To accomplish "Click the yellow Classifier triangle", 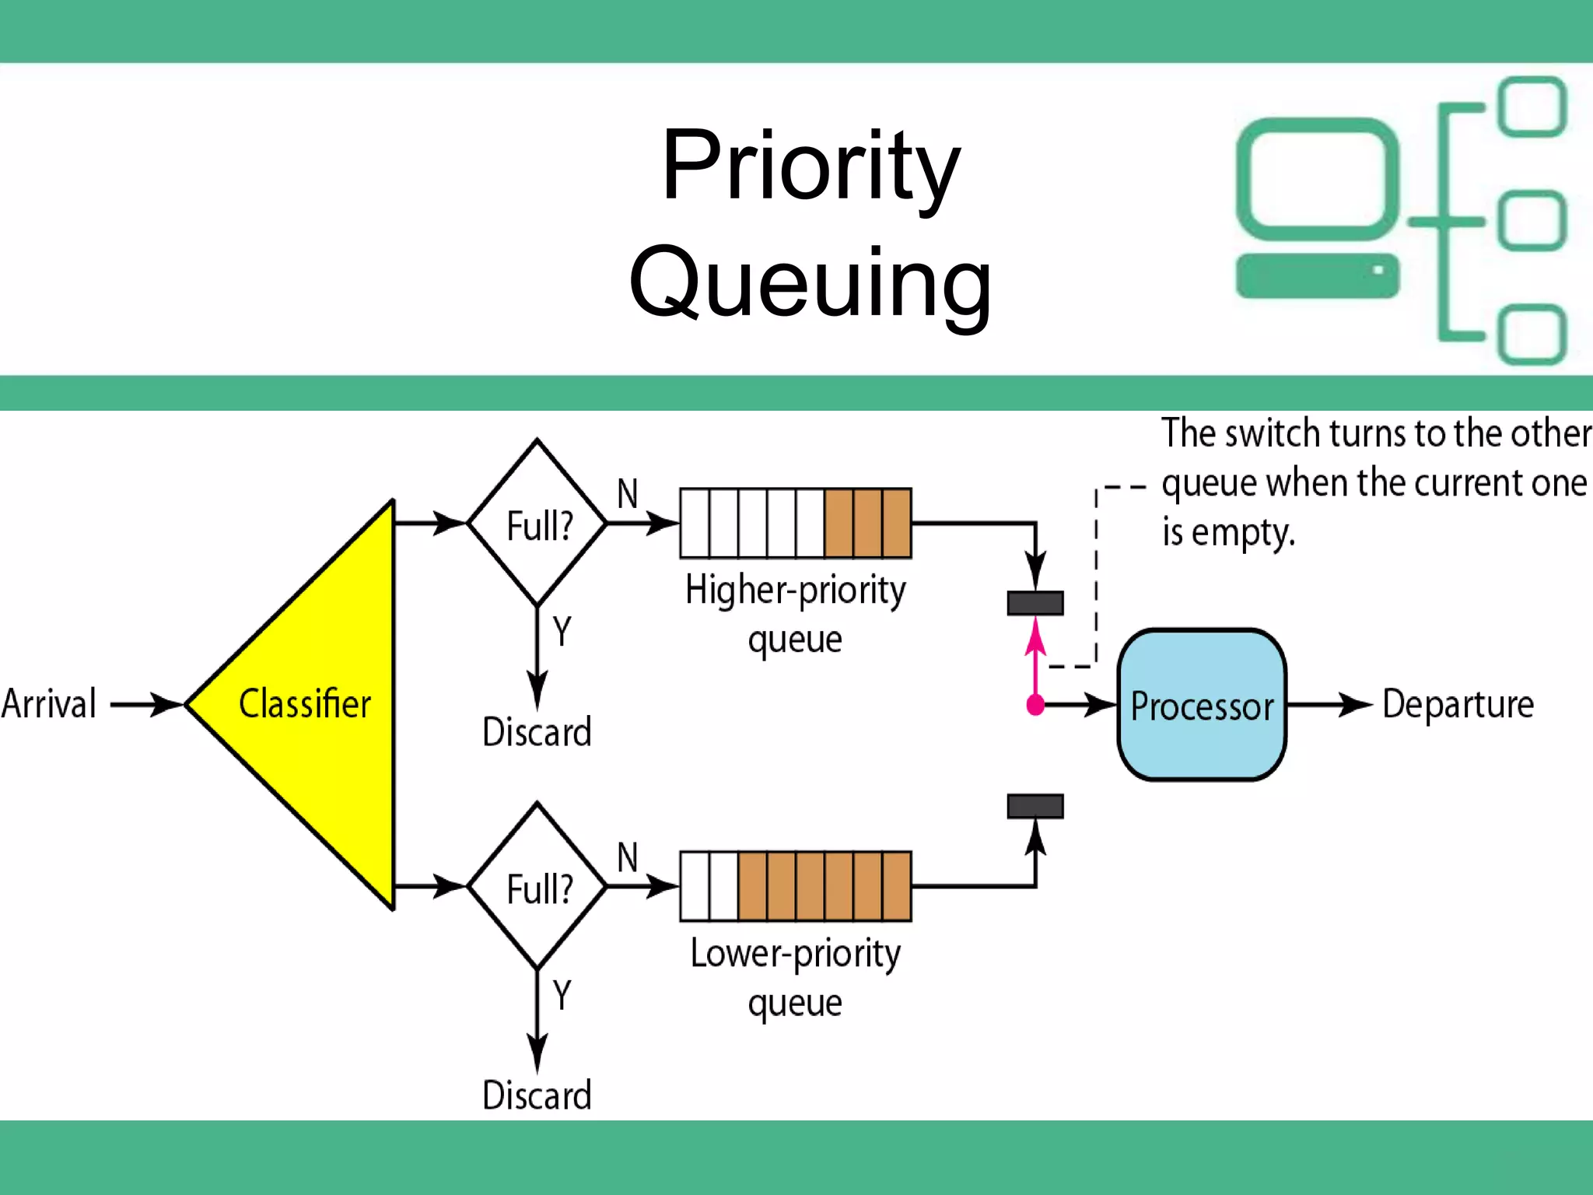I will click(x=311, y=704).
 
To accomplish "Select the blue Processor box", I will click(x=1202, y=705).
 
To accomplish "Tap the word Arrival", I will click(x=49, y=704).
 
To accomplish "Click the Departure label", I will click(x=1458, y=704).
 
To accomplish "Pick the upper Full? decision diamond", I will click(x=537, y=524).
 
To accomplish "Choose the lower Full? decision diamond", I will click(x=537, y=887).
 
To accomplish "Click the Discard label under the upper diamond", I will click(x=537, y=732).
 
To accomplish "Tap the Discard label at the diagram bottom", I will click(x=537, y=1095).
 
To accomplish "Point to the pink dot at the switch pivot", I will click(x=1035, y=705).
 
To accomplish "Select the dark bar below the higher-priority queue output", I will click(x=1035, y=603).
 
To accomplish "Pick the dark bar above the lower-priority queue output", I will click(x=1035, y=806).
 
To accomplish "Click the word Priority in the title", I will click(x=811, y=167).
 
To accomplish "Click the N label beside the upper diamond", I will click(x=627, y=494).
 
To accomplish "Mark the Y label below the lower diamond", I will click(x=562, y=995).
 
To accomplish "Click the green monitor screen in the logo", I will click(x=1318, y=179).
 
